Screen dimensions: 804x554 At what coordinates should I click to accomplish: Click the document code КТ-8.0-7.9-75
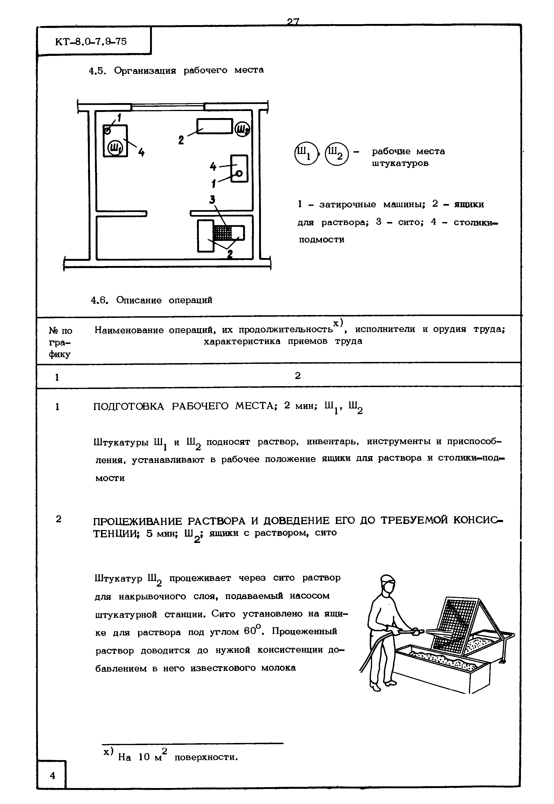coord(91,42)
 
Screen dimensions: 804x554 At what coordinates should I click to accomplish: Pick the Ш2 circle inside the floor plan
coord(242,129)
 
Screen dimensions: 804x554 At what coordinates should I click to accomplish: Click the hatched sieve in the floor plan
coord(222,233)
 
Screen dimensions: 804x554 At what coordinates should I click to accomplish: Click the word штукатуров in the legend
coord(400,163)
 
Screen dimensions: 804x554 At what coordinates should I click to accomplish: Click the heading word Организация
coord(145,70)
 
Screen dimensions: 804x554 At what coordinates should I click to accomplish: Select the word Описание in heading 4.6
coord(139,300)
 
